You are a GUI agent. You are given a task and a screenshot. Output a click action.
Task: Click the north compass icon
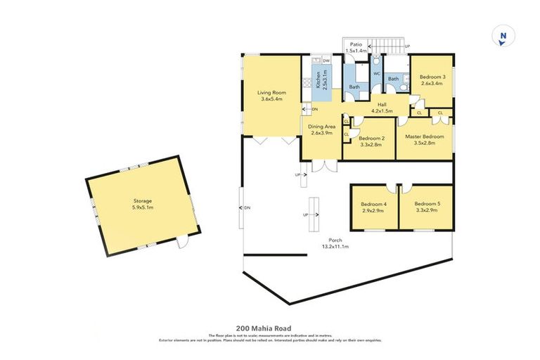[x=502, y=38]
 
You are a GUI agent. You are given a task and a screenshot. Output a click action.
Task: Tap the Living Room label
[x=271, y=96]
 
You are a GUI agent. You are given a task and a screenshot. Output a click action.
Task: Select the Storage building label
[x=143, y=204]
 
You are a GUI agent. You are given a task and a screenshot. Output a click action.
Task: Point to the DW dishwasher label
[x=326, y=61]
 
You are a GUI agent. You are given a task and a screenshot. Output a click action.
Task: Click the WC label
[x=377, y=73]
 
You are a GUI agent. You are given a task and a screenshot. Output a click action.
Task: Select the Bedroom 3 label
[x=433, y=79]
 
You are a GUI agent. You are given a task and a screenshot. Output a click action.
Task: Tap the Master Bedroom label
[x=425, y=139]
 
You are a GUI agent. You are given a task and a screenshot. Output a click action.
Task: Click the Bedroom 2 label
[x=370, y=141]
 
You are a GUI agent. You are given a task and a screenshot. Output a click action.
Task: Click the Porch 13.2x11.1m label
[x=335, y=243]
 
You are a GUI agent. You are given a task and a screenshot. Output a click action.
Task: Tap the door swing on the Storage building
[x=184, y=243]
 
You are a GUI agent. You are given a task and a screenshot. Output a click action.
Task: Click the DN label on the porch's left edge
[x=247, y=207]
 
